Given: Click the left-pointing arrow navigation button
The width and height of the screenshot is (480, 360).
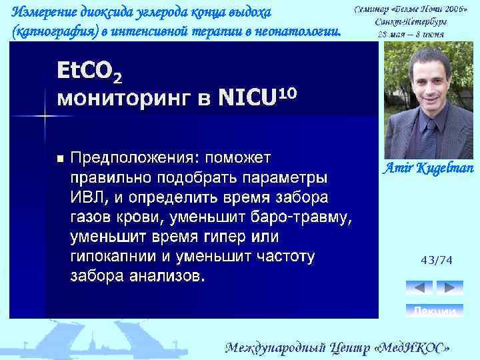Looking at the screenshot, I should click(x=419, y=287).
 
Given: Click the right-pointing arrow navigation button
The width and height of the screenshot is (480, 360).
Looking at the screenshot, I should click(x=449, y=287).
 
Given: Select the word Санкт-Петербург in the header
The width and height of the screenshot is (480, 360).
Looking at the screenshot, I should click(x=411, y=21).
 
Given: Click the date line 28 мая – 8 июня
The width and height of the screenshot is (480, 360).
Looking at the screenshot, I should click(x=411, y=33).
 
